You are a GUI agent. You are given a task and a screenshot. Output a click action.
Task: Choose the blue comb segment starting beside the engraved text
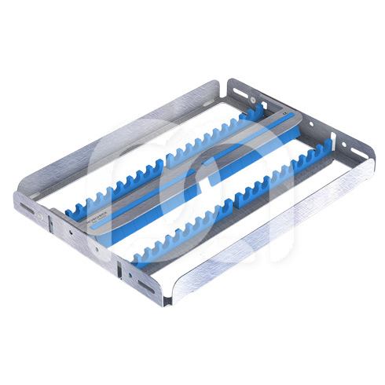pyautogui.click(x=110, y=196)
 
